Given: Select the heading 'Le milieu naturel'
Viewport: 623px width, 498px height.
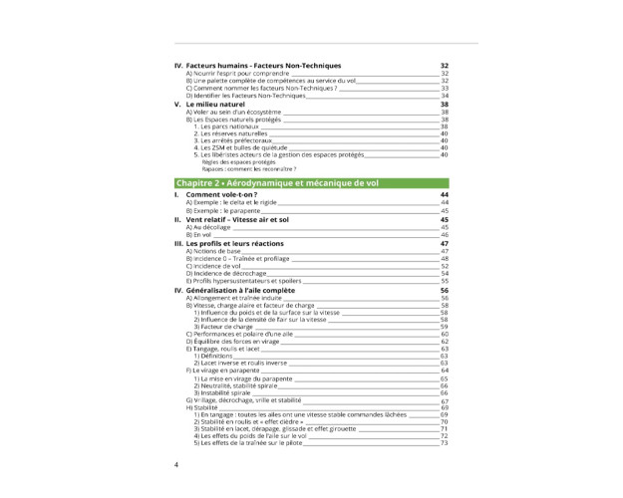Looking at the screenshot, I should [214, 104].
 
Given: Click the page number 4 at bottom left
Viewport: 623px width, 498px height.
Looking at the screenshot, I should [177, 464].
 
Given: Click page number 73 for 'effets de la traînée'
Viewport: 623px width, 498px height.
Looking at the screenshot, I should [445, 443].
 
